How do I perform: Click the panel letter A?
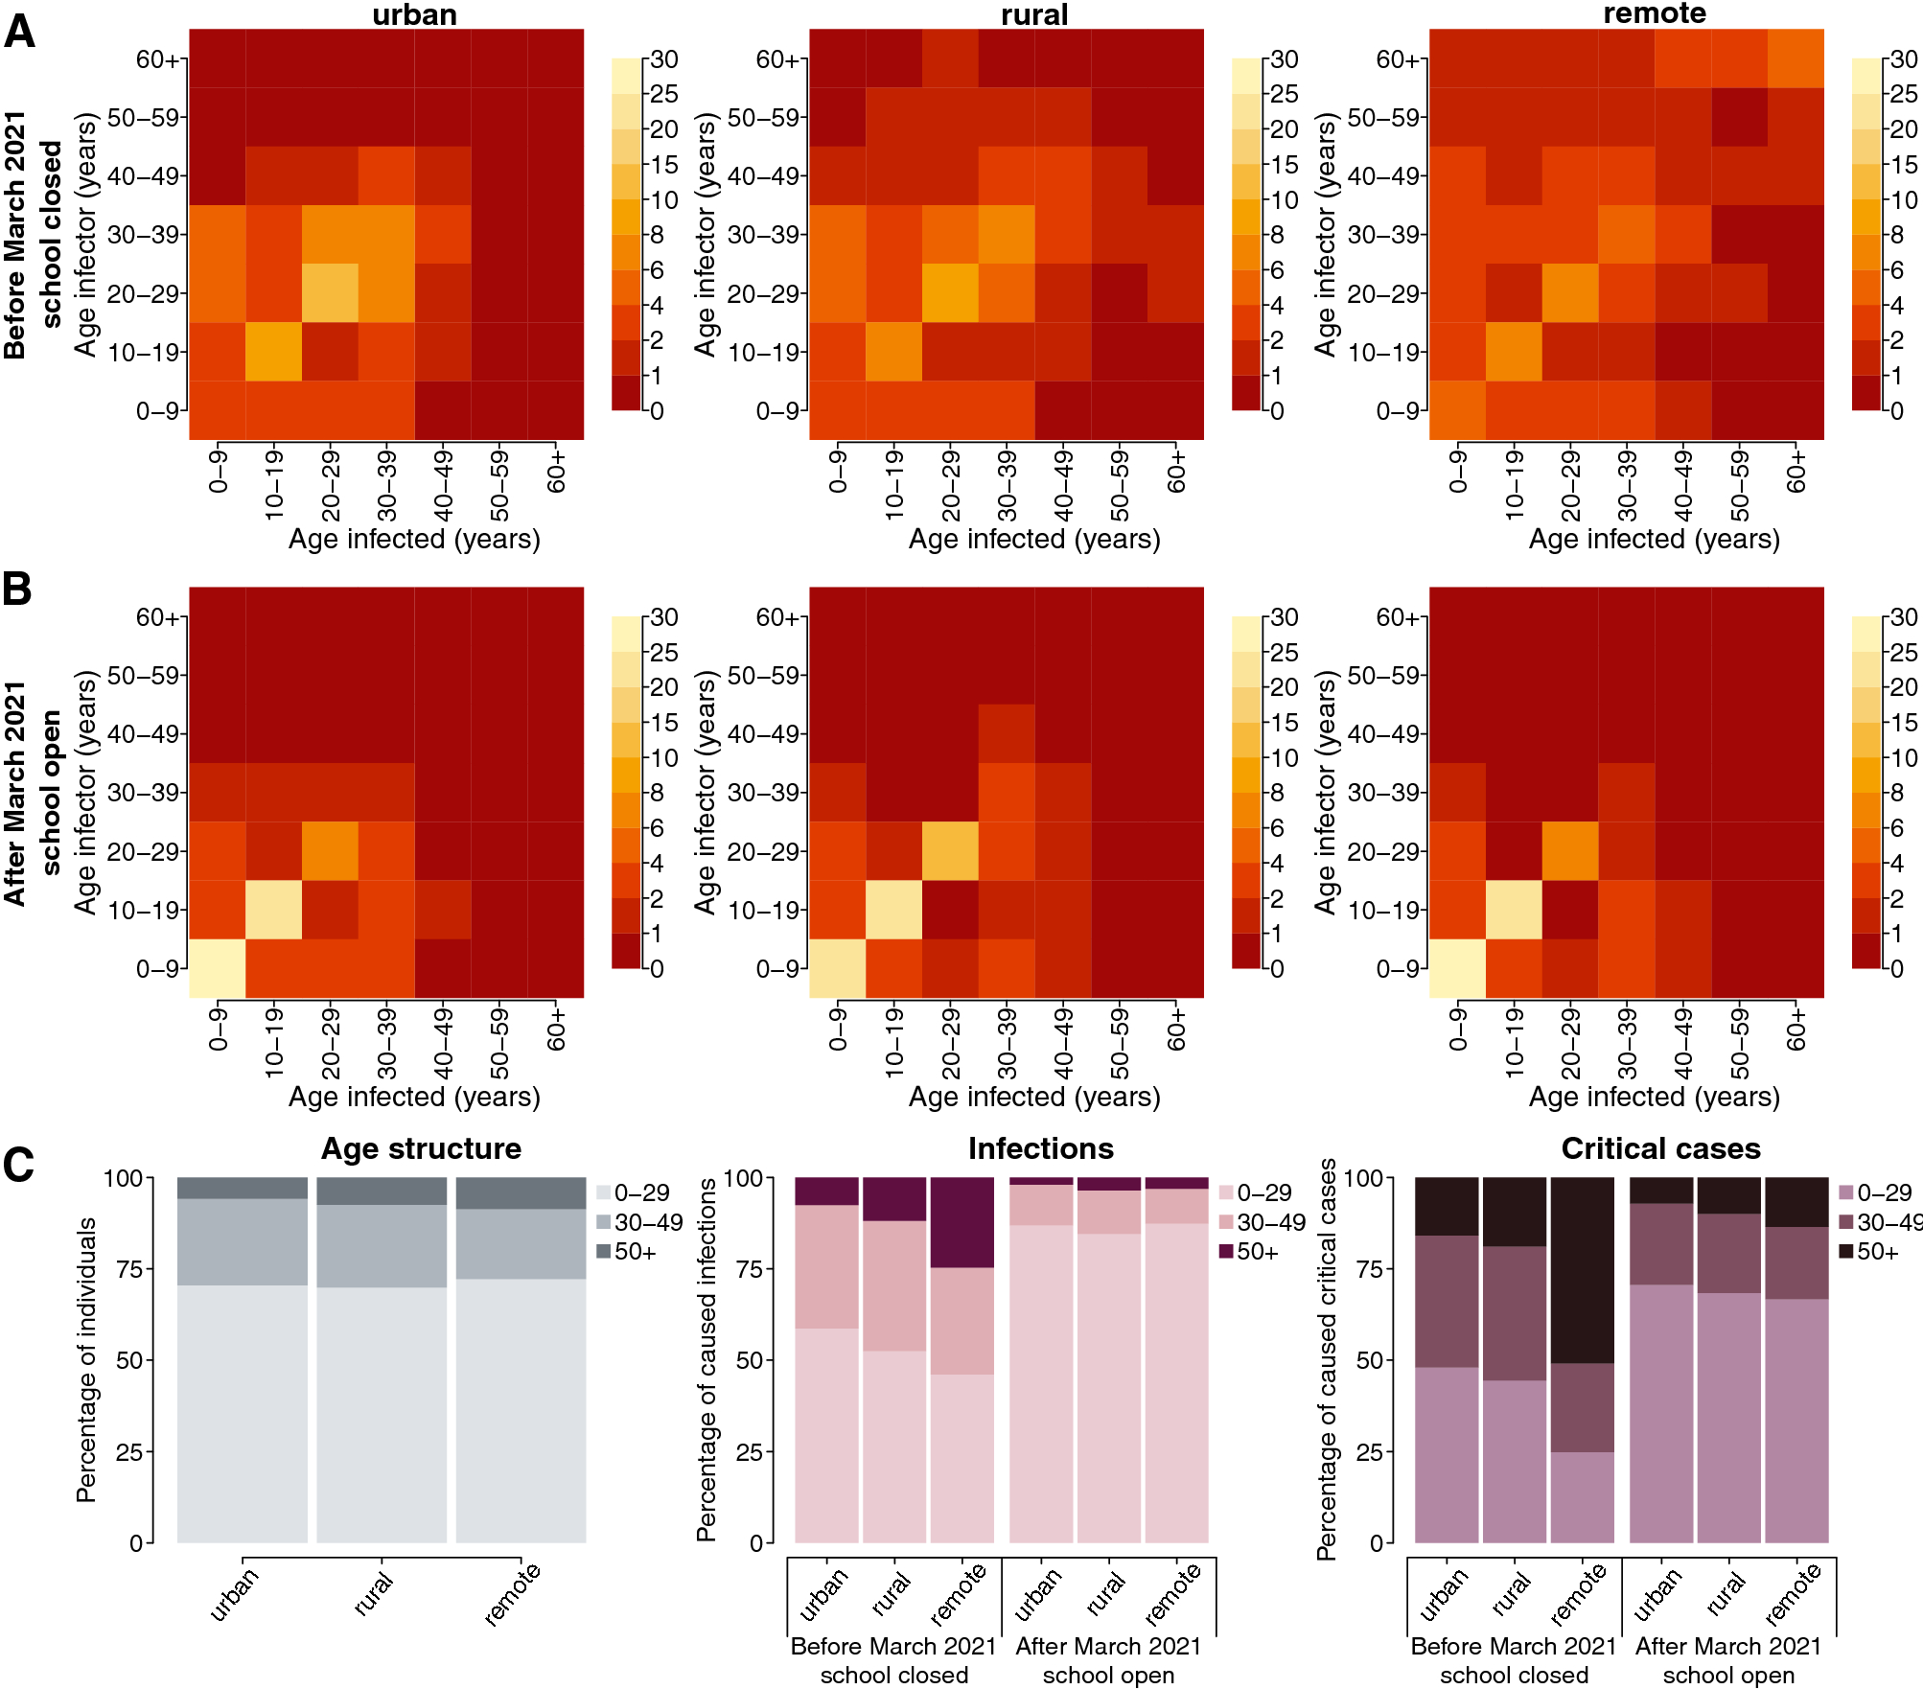tap(19, 32)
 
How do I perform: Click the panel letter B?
tap(17, 589)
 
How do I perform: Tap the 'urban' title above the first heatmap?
tap(414, 14)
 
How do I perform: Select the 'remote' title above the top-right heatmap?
tap(1655, 13)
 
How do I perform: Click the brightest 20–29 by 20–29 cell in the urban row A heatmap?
tap(331, 292)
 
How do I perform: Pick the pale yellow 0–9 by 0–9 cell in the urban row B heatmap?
tap(218, 968)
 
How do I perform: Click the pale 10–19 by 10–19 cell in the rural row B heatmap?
tap(893, 910)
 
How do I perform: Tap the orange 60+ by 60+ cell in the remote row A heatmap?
tap(1796, 58)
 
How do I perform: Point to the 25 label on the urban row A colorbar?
tap(664, 94)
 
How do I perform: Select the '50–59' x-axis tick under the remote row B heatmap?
tap(1739, 1043)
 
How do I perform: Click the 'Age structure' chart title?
tap(421, 1148)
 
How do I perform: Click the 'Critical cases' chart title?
tap(1660, 1148)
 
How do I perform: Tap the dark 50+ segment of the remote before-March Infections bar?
tap(961, 1222)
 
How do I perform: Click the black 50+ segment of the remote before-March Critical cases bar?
tap(1582, 1269)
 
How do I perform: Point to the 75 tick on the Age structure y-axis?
tap(128, 1269)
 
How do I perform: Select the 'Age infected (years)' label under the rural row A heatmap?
tap(1033, 539)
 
